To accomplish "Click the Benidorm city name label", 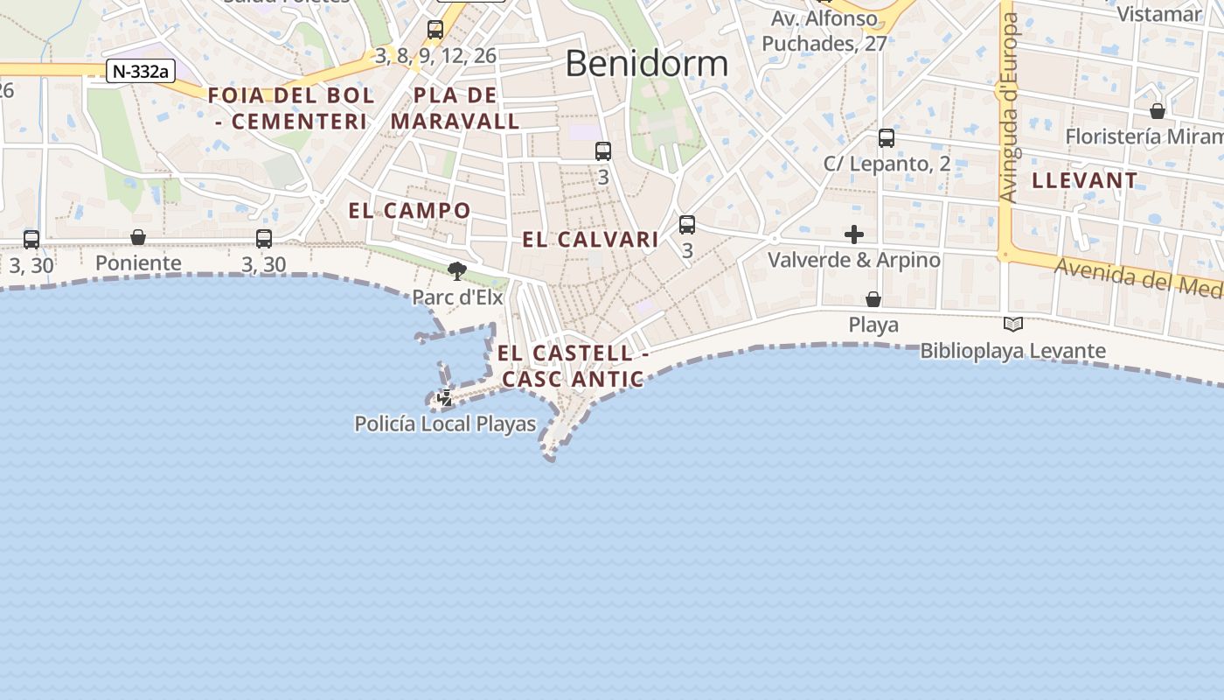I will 646,64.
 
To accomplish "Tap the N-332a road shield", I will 140,72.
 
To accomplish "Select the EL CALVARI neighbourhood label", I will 590,240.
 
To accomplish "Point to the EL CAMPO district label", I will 409,211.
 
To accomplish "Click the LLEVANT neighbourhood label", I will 1085,181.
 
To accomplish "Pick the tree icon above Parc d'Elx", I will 456,270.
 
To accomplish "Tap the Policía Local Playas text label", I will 445,424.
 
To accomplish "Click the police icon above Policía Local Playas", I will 446,398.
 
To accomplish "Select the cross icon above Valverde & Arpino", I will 854,234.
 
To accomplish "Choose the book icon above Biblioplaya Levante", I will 1013,325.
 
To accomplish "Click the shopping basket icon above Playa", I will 873,299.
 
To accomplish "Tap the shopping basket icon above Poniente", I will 138,237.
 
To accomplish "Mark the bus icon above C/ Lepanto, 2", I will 887,138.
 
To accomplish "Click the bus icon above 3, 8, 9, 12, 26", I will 435,30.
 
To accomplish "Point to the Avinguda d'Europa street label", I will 1010,109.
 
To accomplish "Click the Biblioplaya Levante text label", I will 1012,351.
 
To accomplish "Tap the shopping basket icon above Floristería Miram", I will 1158,111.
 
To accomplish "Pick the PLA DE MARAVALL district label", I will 456,108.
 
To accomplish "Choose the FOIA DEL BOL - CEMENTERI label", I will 291,108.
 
